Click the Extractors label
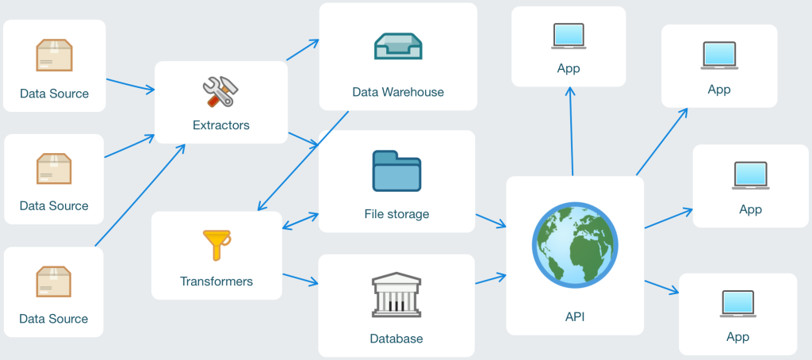pos(221,124)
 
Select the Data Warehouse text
pos(398,92)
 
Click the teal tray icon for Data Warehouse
pos(398,46)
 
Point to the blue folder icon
pos(396,171)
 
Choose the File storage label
pos(396,214)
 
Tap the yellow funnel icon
pos(216,245)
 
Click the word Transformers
pos(216,281)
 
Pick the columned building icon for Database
pos(396,294)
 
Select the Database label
pos(396,339)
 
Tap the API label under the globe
pos(575,316)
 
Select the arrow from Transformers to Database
pos(301,279)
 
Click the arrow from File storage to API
pos(491,220)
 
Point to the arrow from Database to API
pos(491,279)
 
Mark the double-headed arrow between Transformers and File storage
pos(301,220)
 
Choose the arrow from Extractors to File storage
pos(304,140)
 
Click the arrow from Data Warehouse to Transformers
pos(304,161)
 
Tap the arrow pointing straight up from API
pos(572,131)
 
